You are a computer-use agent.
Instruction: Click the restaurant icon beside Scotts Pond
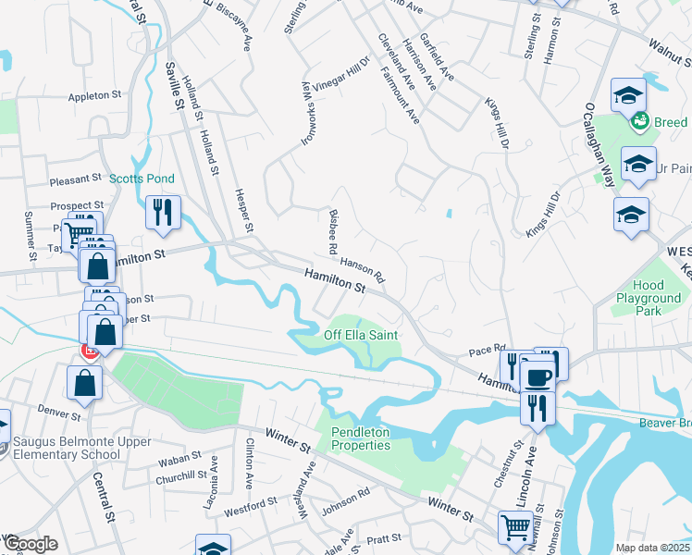coord(161,211)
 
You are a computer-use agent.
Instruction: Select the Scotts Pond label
coord(142,179)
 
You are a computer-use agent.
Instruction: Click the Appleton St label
coord(95,95)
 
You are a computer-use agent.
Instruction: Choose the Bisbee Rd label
coord(332,231)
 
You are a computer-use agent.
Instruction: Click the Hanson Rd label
coord(362,267)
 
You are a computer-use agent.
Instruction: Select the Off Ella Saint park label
coord(361,334)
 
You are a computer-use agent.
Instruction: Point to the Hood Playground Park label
coord(649,299)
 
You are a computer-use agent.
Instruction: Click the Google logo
coord(30,545)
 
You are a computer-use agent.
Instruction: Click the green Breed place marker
coord(639,121)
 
